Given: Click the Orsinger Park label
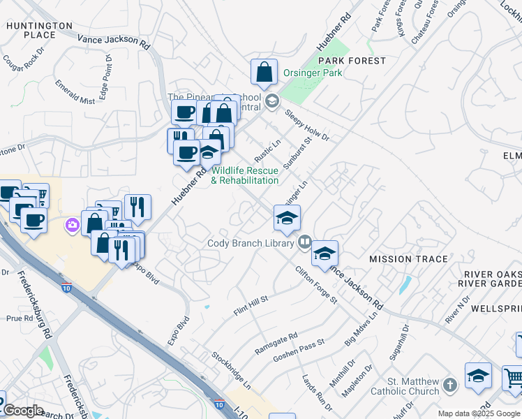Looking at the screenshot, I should pos(313,73).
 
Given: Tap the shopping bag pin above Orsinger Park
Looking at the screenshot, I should pos(265,72).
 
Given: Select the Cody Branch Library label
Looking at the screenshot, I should pos(251,244).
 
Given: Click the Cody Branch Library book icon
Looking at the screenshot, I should pos(304,242).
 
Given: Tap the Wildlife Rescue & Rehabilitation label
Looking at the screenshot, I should pos(245,175).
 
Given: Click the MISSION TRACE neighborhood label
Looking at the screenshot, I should pos(408,259).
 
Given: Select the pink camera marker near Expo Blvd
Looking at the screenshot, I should pos(72,225).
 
